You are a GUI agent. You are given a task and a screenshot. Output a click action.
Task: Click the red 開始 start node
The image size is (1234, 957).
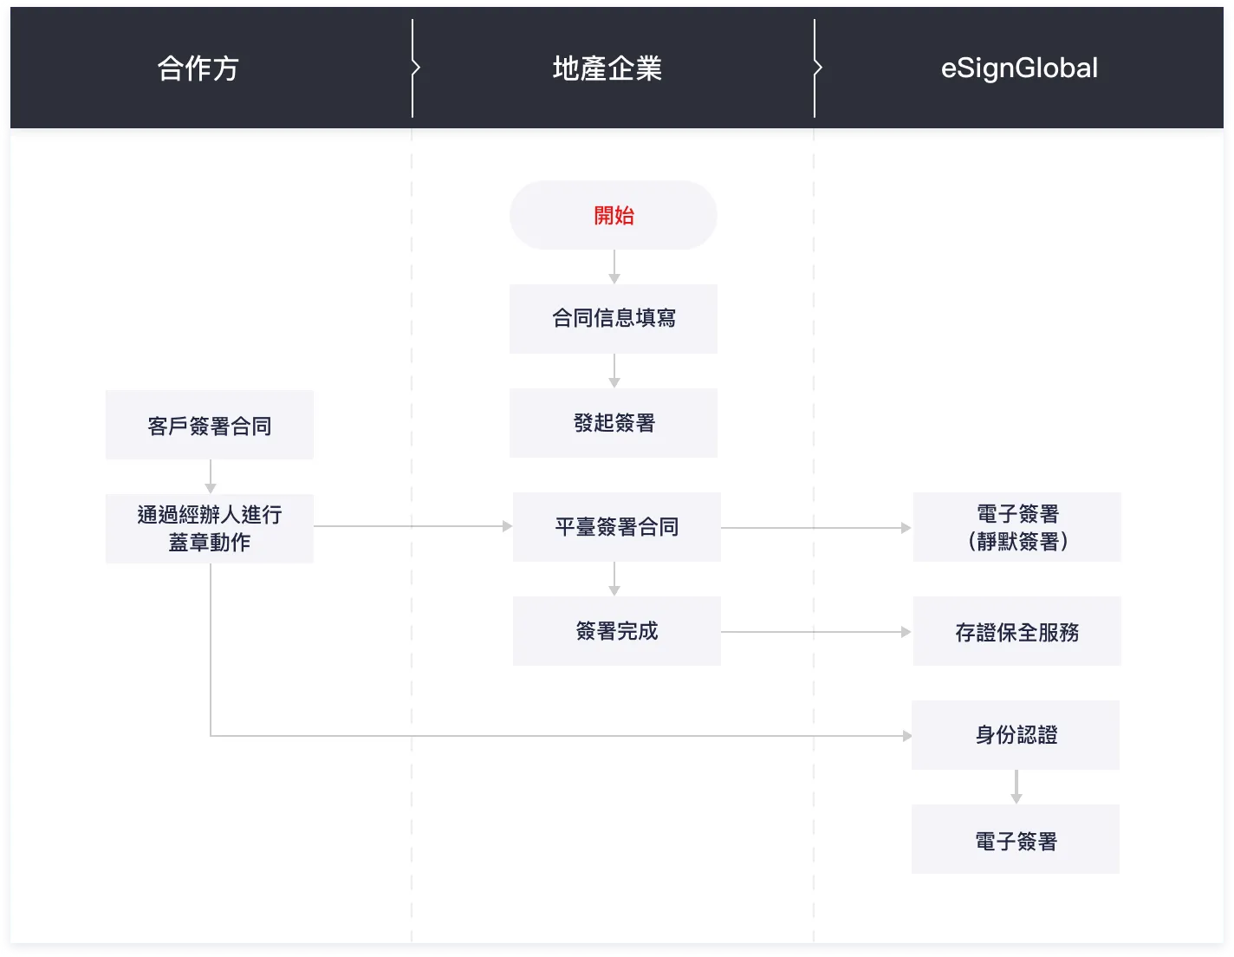614,215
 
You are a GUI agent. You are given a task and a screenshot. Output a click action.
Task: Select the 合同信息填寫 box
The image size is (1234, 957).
614,318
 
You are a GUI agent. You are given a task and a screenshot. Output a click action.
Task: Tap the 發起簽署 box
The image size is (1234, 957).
614,423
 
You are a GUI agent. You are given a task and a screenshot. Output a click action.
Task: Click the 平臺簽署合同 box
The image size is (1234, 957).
616,527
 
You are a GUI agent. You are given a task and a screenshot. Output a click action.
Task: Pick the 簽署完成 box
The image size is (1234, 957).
616,631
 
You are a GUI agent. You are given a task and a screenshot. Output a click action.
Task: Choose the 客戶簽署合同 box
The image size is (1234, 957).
210,425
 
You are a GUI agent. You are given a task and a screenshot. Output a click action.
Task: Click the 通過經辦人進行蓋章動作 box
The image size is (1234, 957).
210,528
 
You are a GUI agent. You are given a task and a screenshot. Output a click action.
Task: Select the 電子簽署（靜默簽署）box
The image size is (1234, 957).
1016,527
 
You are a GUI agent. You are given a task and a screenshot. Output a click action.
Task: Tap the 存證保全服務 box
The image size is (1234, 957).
1016,631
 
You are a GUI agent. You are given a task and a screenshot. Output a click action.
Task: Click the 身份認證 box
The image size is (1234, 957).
1016,735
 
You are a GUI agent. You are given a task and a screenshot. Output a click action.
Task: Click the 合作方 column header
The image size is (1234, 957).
198,68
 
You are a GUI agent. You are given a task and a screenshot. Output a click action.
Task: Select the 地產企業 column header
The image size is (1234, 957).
607,68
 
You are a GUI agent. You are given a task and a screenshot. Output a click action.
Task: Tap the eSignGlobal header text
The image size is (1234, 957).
1019,68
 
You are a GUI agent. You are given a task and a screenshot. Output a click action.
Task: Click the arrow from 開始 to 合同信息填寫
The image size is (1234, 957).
614,267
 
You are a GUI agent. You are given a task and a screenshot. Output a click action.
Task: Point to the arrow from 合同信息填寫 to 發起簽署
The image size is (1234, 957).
614,371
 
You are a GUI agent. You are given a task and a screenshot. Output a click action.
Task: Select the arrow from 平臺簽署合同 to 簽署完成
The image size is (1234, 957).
614,579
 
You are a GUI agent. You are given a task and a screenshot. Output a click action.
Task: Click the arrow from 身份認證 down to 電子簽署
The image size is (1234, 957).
1016,787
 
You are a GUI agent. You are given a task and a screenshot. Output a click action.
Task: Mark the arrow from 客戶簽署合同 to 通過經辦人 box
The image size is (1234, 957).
211,477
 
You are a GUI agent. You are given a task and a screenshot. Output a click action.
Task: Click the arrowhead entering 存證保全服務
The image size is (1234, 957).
906,632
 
